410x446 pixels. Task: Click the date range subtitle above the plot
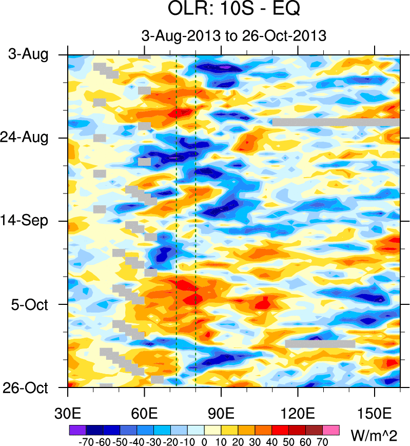tap(234, 36)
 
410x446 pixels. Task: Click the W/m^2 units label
tap(377, 436)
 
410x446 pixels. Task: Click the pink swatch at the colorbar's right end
tap(331, 429)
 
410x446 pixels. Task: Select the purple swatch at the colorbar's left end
tap(77, 429)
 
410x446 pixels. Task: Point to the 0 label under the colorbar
tap(204, 440)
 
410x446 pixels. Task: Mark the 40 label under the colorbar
tap(272, 440)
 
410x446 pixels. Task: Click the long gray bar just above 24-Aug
tap(336, 122)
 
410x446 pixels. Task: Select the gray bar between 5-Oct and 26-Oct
tap(320, 343)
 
